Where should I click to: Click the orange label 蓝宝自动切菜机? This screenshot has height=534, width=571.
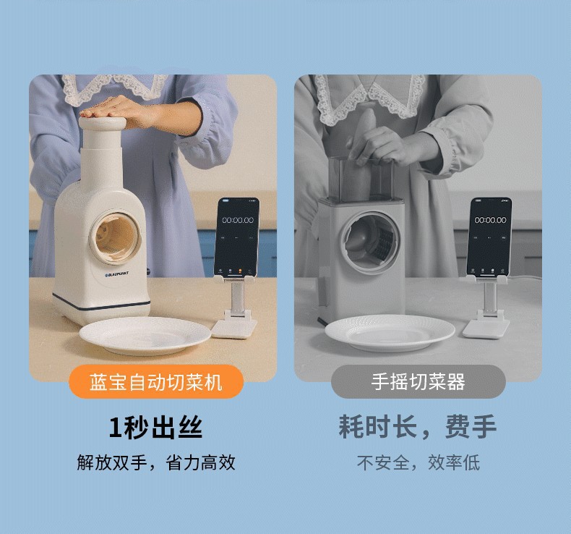pyautogui.click(x=155, y=381)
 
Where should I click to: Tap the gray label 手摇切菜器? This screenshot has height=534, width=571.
pyautogui.click(x=418, y=381)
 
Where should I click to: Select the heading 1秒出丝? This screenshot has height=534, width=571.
pyautogui.click(x=155, y=428)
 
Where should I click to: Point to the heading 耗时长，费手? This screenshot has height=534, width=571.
pyautogui.click(x=418, y=428)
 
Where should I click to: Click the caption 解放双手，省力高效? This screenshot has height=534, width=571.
pyautogui.click(x=156, y=462)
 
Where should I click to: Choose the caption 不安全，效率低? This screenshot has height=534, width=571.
pyautogui.click(x=418, y=462)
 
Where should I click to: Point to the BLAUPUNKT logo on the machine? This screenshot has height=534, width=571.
pyautogui.click(x=118, y=275)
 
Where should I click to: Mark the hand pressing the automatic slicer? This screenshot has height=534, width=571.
pyautogui.click(x=119, y=108)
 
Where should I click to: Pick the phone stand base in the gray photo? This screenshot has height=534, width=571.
pyautogui.click(x=486, y=327)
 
